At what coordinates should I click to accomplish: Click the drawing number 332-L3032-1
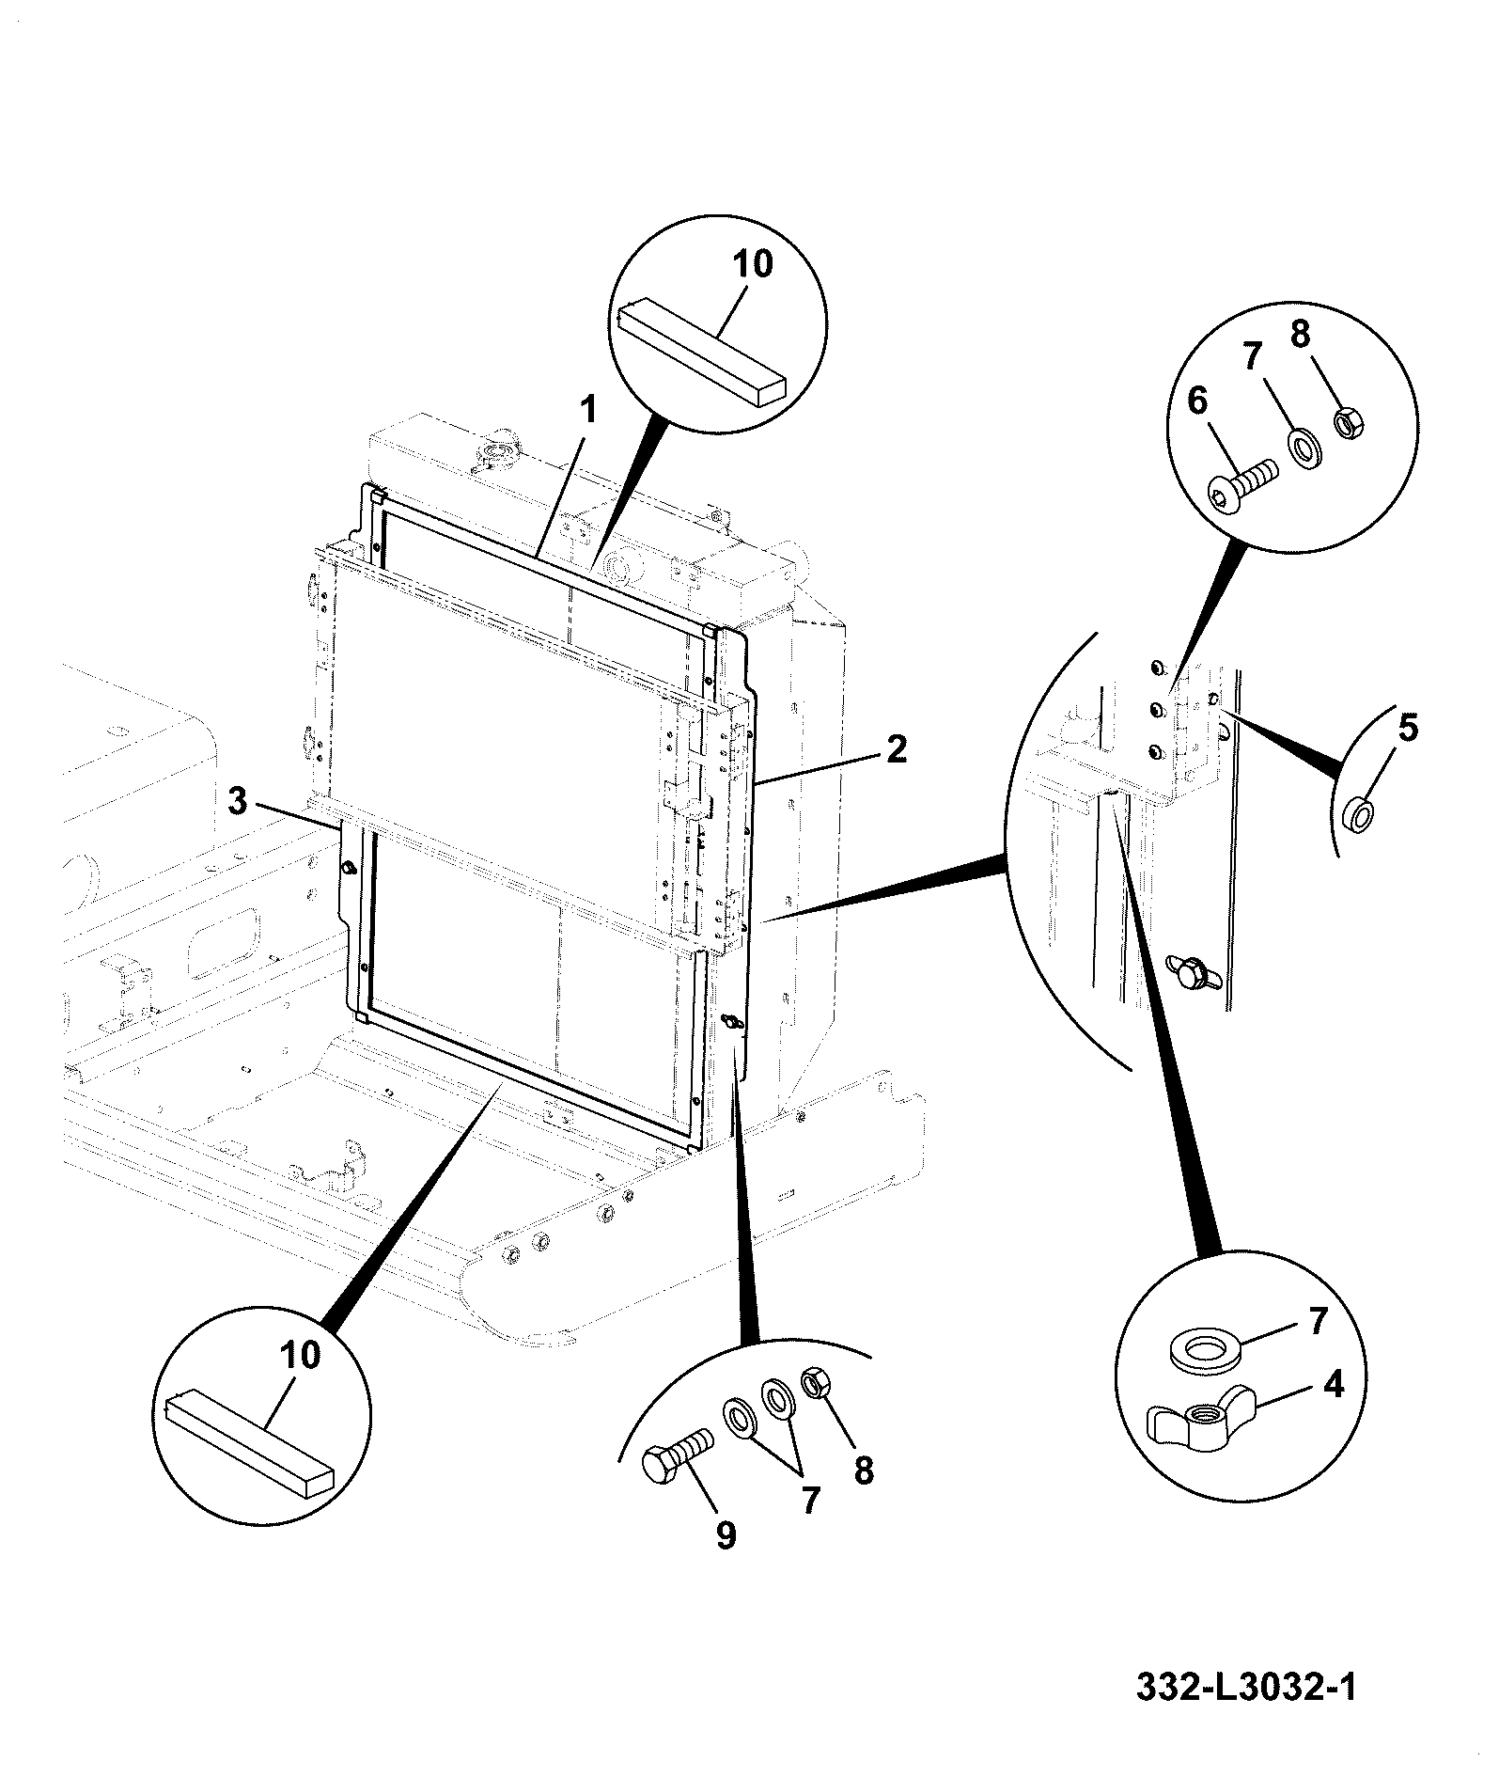[x=1246, y=1687]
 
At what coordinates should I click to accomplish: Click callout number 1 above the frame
[x=587, y=411]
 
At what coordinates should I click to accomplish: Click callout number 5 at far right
[x=1407, y=729]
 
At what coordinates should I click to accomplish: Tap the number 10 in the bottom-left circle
[x=300, y=1355]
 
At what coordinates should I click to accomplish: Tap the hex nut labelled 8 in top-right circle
[x=1350, y=424]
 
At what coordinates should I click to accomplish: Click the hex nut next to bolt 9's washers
[x=813, y=1383]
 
